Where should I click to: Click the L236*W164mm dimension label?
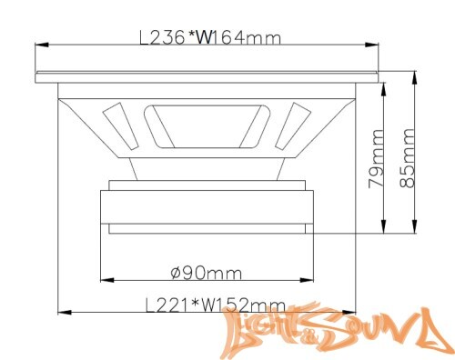(208, 38)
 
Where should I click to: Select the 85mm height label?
(409, 157)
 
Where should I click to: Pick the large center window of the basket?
(207, 126)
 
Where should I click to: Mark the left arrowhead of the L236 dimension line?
(38, 43)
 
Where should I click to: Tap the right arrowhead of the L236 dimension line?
(377, 43)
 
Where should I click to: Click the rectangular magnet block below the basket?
(207, 207)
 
